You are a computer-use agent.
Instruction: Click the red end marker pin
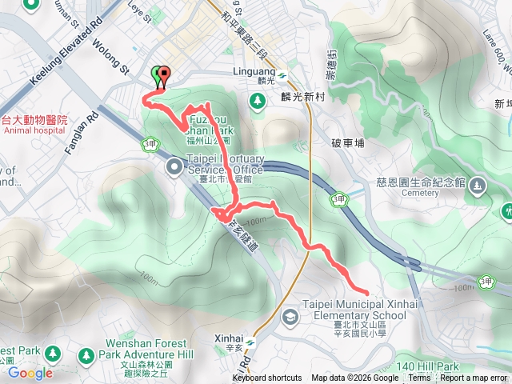click(x=164, y=75)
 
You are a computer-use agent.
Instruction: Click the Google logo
click(x=30, y=373)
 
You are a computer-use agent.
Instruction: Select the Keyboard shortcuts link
click(x=267, y=378)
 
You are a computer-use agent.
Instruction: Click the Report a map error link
click(x=474, y=378)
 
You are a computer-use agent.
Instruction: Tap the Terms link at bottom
click(x=419, y=378)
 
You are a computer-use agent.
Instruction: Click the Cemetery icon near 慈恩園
click(x=477, y=186)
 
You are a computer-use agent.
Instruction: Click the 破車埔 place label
click(x=347, y=143)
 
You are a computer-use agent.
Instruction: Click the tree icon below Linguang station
click(x=257, y=101)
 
